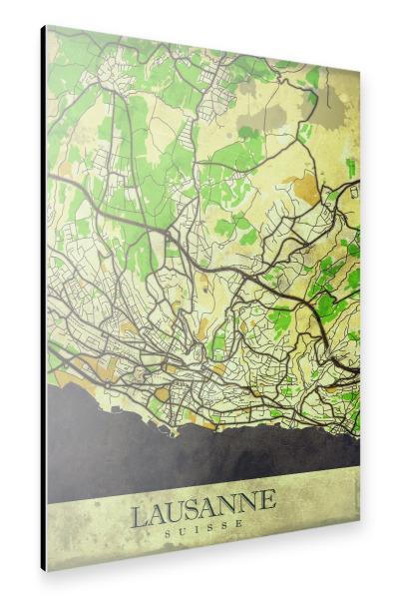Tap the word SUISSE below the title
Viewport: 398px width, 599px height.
204,534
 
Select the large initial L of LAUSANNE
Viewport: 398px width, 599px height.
140,517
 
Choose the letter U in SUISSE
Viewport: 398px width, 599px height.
183,535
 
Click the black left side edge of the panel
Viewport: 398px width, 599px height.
43,299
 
